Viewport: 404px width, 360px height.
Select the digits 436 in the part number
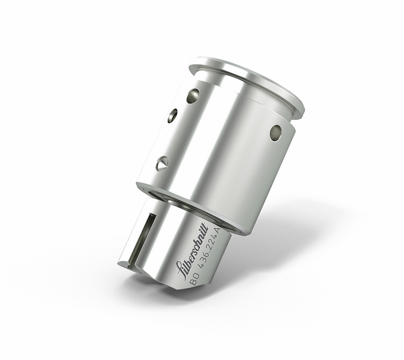(207, 263)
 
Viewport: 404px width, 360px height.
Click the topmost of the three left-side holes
(193, 95)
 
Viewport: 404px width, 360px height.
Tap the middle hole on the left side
(173, 116)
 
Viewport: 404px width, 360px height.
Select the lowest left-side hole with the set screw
(162, 163)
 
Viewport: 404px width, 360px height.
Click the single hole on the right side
(275, 133)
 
